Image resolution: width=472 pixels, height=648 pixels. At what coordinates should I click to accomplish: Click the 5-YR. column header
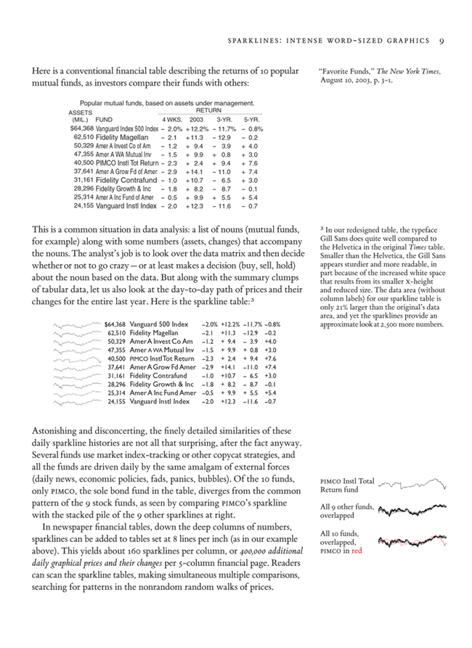[x=251, y=119]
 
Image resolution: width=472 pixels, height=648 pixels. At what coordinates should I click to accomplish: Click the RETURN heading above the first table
[x=209, y=111]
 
